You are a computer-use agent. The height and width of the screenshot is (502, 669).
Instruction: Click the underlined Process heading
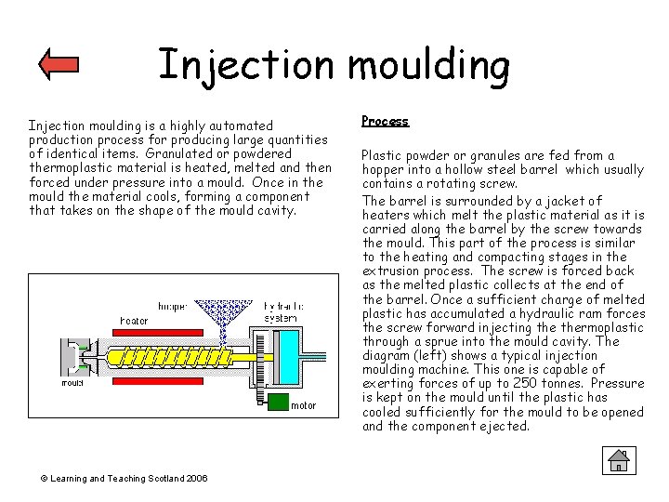pyautogui.click(x=385, y=122)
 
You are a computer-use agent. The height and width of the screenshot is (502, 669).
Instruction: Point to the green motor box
pyautogui.click(x=277, y=403)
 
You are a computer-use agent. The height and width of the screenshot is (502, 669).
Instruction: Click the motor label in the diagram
pyautogui.click(x=304, y=405)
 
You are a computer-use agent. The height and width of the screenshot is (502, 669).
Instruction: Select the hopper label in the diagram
pyautogui.click(x=175, y=306)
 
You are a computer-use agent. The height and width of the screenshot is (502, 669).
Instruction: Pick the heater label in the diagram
pyautogui.click(x=134, y=321)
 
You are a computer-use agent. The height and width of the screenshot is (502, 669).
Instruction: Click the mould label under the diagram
pyautogui.click(x=72, y=382)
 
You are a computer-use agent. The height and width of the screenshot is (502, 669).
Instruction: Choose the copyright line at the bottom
pyautogui.click(x=124, y=478)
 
